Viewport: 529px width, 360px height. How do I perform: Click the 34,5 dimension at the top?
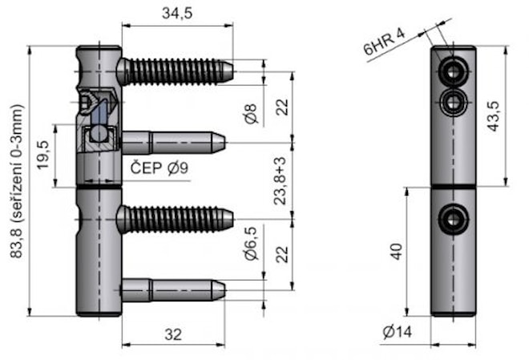click(176, 13)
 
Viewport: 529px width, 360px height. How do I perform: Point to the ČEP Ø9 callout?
click(160, 168)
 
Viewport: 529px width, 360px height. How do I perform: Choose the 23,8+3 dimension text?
click(280, 180)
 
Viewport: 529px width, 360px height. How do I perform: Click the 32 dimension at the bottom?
click(173, 336)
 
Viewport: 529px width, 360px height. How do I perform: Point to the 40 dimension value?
click(395, 252)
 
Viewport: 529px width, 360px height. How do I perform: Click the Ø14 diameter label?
click(398, 333)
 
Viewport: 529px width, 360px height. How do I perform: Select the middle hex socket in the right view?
click(454, 101)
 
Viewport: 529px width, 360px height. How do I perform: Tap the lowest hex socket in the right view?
click(454, 216)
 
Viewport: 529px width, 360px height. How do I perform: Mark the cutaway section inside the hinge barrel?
click(98, 120)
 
